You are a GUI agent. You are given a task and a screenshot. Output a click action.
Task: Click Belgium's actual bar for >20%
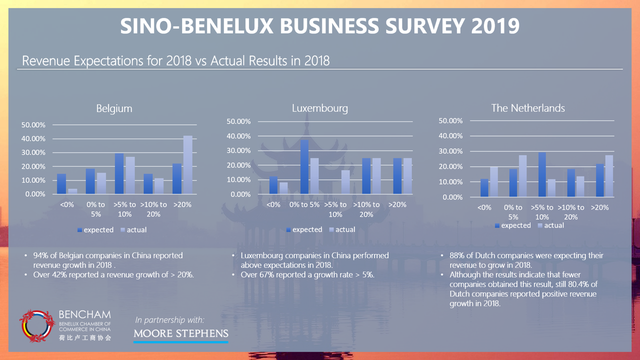(x=187, y=165)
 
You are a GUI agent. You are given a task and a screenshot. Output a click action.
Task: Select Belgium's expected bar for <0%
(x=61, y=184)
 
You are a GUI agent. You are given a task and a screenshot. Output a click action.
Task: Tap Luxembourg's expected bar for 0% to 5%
(x=304, y=167)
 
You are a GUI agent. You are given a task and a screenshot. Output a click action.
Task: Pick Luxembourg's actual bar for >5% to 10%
(x=345, y=182)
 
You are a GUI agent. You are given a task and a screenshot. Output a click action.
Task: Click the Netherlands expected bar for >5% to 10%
(x=542, y=174)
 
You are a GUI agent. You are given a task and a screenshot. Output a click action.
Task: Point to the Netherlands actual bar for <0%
(x=494, y=181)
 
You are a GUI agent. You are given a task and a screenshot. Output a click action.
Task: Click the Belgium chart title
(x=114, y=108)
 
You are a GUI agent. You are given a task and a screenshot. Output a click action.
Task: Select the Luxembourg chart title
(x=320, y=108)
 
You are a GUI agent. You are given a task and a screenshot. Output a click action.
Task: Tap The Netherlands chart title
(x=528, y=108)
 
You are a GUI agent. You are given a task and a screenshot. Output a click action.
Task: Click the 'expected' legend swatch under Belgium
(x=79, y=230)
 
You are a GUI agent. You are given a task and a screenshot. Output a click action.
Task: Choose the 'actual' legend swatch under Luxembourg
(x=331, y=229)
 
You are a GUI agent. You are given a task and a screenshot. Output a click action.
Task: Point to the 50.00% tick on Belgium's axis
(x=33, y=125)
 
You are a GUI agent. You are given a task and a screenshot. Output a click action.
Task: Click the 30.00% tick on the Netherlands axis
(x=450, y=151)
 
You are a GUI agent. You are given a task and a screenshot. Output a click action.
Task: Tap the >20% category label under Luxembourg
(x=397, y=204)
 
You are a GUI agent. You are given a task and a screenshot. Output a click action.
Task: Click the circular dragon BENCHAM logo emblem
(x=37, y=326)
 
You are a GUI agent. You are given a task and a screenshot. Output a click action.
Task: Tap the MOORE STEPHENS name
(x=181, y=333)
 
